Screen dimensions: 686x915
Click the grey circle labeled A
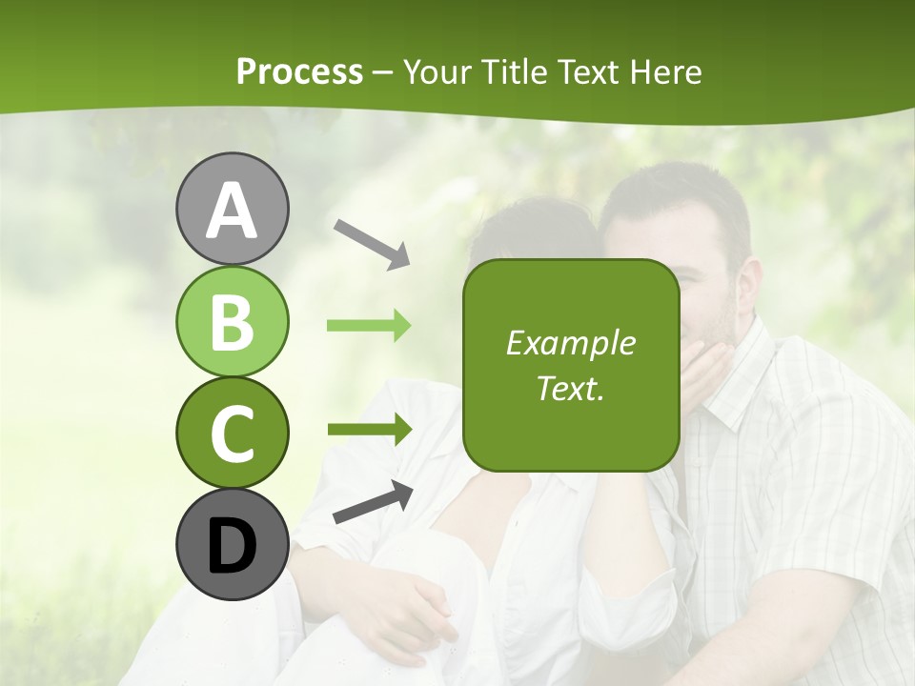coord(232,209)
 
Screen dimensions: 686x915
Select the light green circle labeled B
coord(232,321)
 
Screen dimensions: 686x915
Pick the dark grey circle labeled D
coord(232,544)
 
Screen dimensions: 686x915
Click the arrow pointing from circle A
coord(372,243)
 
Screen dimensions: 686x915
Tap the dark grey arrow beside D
coord(373,502)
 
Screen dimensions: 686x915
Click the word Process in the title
coord(299,72)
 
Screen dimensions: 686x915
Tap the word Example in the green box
coord(570,343)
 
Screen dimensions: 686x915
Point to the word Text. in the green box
coord(570,388)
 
